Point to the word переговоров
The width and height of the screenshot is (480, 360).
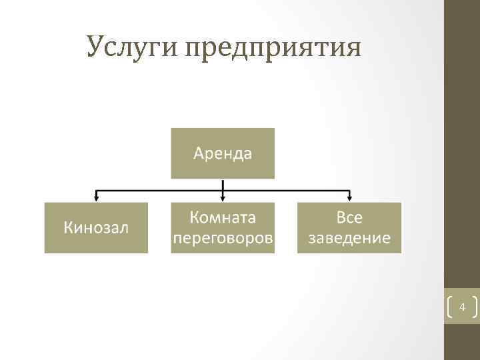223,238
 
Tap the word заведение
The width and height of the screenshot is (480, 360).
349,238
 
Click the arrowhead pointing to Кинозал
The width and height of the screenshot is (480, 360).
97,197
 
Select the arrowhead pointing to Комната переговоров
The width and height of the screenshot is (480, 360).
223,197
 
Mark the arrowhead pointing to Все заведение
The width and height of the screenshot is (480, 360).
349,197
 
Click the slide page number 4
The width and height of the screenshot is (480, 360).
461,307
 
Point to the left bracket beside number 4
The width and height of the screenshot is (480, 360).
448,307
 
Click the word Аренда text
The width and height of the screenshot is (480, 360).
223,154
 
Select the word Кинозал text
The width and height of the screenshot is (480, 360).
96,227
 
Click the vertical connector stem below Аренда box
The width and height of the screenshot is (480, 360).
223,185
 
